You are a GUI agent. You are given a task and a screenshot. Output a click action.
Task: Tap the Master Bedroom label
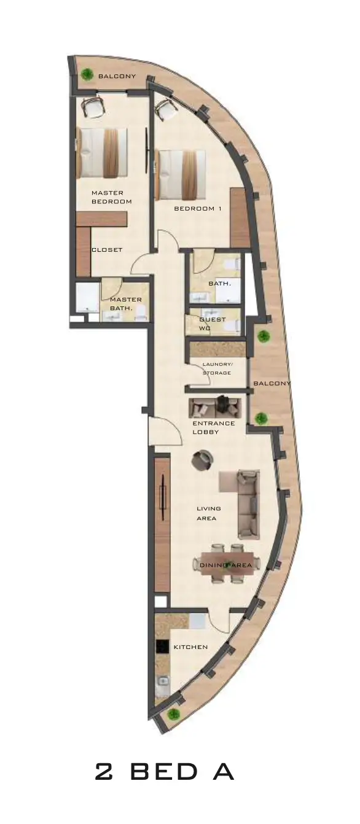(x=112, y=197)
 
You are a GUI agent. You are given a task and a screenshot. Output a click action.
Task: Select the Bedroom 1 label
(x=198, y=209)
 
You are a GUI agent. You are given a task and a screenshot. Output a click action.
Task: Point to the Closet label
(x=107, y=249)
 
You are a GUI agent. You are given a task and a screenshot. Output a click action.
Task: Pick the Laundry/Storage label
(x=217, y=368)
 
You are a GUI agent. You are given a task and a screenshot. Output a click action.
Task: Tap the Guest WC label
(x=213, y=324)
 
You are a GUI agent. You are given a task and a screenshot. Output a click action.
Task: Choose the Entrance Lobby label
(x=214, y=427)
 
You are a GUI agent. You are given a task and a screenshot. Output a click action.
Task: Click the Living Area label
(x=209, y=513)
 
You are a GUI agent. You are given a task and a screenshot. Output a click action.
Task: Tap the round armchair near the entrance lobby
(x=203, y=460)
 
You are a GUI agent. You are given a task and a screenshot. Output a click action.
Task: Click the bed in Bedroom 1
(x=181, y=175)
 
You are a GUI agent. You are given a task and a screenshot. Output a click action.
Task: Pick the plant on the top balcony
(x=87, y=75)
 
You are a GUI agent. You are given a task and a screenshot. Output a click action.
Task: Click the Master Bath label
(x=125, y=304)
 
